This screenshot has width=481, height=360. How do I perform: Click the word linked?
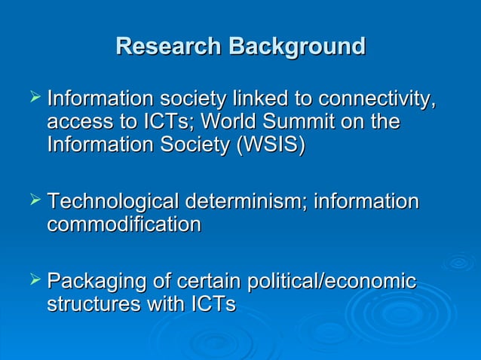pos(263,99)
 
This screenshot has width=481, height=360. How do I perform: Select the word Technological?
pos(112,202)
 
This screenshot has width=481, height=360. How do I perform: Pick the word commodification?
pos(124,224)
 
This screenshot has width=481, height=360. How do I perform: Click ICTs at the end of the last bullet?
pos(213,304)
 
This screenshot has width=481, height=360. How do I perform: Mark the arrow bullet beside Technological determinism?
pos(34,200)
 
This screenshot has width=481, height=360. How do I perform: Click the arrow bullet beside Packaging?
pos(34,281)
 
